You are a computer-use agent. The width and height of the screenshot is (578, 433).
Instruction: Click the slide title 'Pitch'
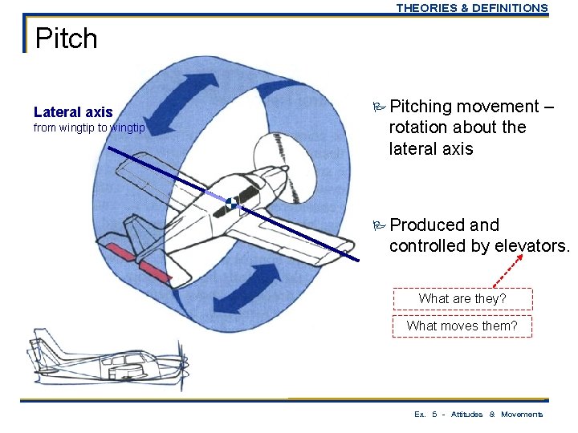(67, 38)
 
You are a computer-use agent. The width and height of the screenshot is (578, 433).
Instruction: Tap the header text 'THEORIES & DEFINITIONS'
(471, 8)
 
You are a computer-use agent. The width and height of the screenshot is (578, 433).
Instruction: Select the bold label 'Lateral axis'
(73, 112)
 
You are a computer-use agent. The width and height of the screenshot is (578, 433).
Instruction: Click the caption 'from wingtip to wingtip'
(89, 128)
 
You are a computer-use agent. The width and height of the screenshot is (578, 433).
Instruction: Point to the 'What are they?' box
(462, 298)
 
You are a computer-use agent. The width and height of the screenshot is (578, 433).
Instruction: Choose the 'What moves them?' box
(462, 326)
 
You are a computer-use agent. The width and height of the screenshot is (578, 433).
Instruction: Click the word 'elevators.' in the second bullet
(530, 246)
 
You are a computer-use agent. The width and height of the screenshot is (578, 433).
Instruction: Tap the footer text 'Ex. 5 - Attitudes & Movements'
(478, 415)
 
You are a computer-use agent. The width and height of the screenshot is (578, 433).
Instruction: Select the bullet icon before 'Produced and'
(379, 225)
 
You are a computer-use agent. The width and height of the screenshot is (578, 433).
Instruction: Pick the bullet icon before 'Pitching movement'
(379, 107)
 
